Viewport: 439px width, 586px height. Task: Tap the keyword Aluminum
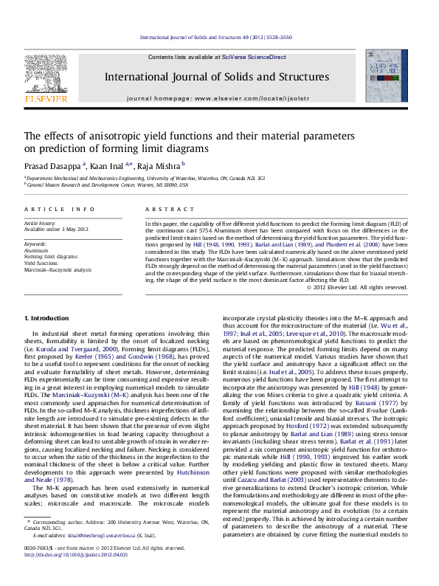(x=37, y=250)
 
